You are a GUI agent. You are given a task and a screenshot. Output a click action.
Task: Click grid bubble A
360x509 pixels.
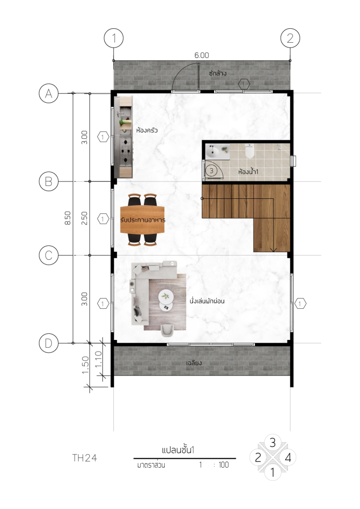pyautogui.click(x=48, y=94)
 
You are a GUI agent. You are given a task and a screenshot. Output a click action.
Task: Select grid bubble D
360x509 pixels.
pyautogui.click(x=48, y=343)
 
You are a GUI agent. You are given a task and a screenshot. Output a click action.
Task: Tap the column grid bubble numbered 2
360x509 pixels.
pyautogui.click(x=290, y=38)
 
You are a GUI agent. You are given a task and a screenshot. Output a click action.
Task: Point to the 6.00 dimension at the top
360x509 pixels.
pyautogui.click(x=202, y=55)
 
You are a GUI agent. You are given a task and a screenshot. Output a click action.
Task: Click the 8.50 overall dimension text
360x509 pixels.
pyautogui.click(x=68, y=218)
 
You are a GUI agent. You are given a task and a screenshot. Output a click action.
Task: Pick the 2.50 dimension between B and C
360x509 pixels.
pyautogui.click(x=84, y=218)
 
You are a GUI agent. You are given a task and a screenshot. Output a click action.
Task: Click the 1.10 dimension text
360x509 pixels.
pyautogui.click(x=99, y=359)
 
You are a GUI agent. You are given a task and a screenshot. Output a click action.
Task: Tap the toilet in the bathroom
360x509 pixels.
pyautogui.click(x=249, y=151)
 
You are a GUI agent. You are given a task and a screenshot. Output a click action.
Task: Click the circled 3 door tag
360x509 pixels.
pyautogui.click(x=211, y=170)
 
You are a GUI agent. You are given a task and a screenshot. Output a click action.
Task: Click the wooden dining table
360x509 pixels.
pyautogui.click(x=143, y=220)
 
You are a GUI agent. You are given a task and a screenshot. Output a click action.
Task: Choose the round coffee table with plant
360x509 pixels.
pyautogui.click(x=166, y=296)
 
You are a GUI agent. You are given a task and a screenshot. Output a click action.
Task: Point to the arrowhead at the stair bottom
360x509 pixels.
pyautogui.click(x=273, y=250)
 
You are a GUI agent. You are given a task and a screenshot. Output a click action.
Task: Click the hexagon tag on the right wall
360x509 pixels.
pyautogui.click(x=300, y=304)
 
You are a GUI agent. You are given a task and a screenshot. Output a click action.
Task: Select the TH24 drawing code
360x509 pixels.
pyautogui.click(x=85, y=458)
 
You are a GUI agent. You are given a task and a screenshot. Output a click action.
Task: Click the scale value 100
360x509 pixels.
pyautogui.click(x=224, y=465)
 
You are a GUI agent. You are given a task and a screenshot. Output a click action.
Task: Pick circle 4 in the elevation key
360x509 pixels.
pyautogui.click(x=288, y=458)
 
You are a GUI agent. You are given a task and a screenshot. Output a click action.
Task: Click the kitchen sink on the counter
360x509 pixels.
pyautogui.click(x=120, y=113)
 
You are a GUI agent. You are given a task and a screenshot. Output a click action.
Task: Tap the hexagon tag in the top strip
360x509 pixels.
pyautogui.click(x=244, y=85)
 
